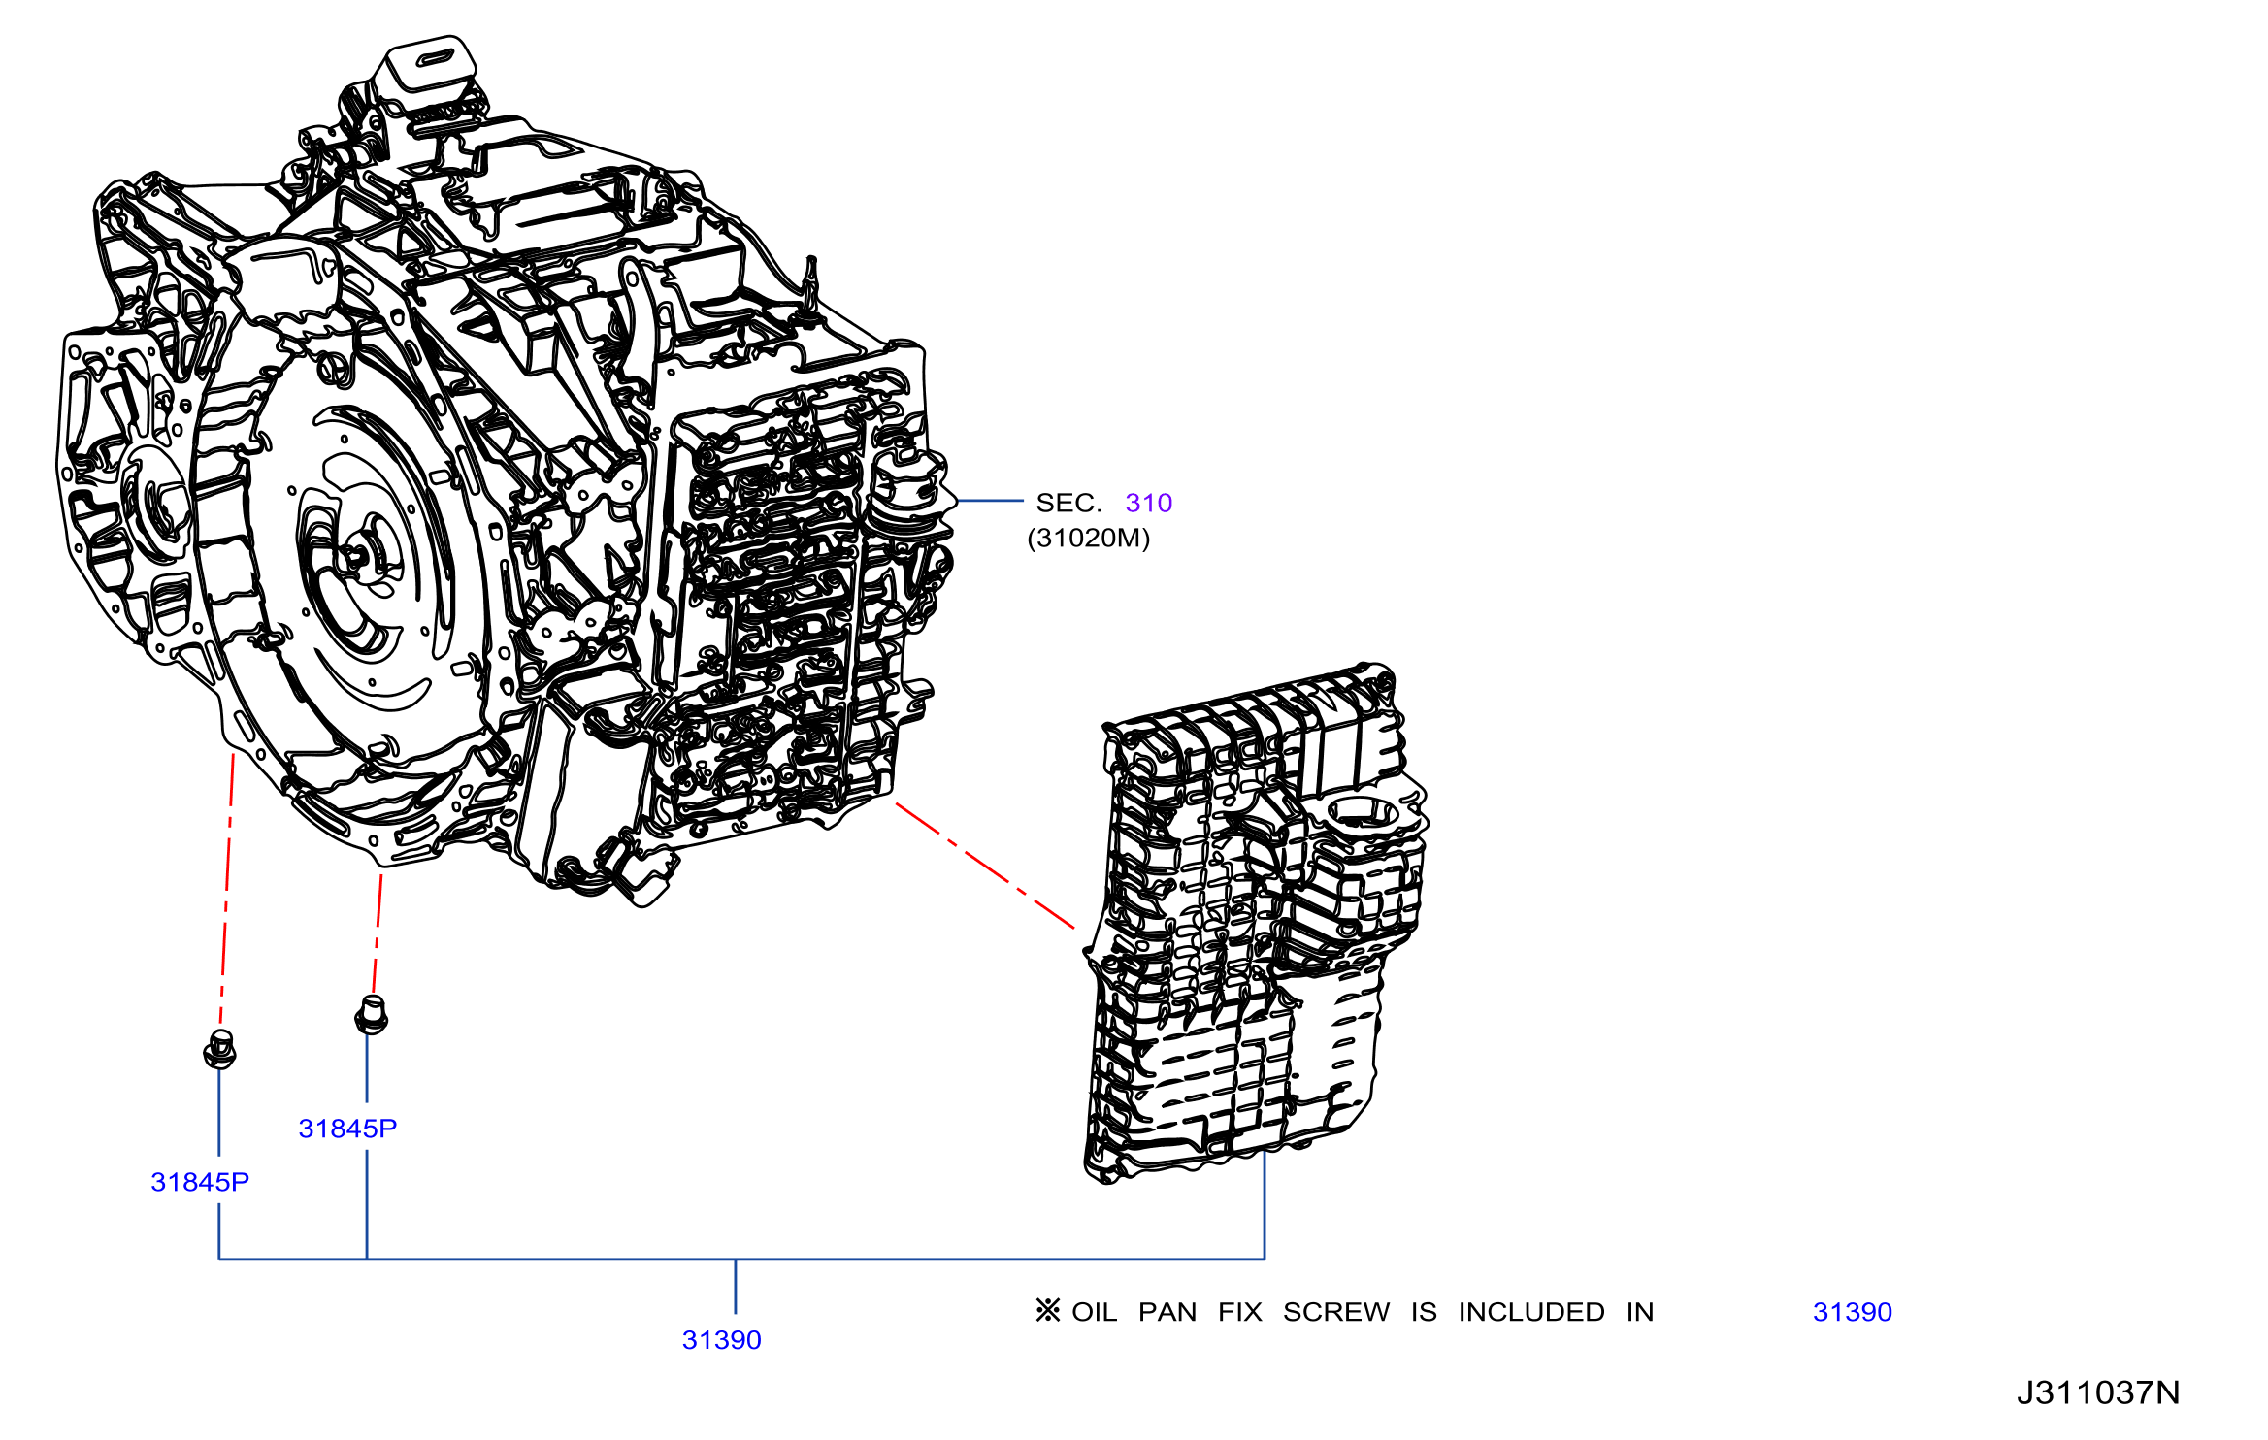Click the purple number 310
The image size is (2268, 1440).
pyautogui.click(x=1148, y=503)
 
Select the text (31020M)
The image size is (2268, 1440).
pyautogui.click(x=1088, y=539)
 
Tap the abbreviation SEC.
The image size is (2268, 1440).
pyautogui.click(x=1068, y=503)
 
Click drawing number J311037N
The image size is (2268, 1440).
pyautogui.click(x=2098, y=1392)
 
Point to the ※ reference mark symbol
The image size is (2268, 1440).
pyautogui.click(x=1047, y=1311)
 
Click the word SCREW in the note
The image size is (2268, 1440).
pyautogui.click(x=1336, y=1312)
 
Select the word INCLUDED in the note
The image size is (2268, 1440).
pyautogui.click(x=1531, y=1312)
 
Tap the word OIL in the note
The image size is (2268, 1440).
pyautogui.click(x=1095, y=1312)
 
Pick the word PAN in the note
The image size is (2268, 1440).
pyautogui.click(x=1167, y=1312)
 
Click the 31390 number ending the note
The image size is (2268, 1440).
pyautogui.click(x=1853, y=1312)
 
